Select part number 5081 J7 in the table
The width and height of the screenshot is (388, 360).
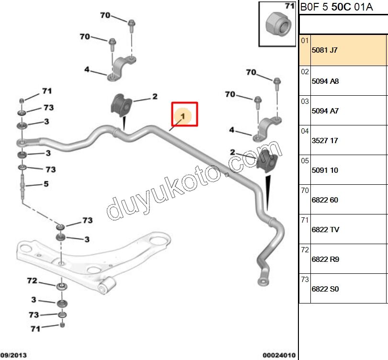click(x=324, y=50)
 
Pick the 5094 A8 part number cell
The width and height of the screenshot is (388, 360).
click(x=325, y=81)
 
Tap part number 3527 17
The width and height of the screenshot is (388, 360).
click(x=325, y=141)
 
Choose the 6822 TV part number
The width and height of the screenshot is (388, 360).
click(x=325, y=230)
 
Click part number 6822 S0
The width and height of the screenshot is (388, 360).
click(x=325, y=289)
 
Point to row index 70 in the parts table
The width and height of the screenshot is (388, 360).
click(x=305, y=190)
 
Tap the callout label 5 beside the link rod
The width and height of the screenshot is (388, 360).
click(x=46, y=183)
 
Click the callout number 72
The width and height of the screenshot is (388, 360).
click(x=32, y=281)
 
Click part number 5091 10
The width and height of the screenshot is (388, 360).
click(x=325, y=170)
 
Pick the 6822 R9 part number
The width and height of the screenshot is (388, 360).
click(x=325, y=259)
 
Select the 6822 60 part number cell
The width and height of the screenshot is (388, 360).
click(x=325, y=200)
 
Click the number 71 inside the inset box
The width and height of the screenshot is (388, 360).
click(x=288, y=6)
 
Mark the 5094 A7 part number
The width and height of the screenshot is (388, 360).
click(x=325, y=111)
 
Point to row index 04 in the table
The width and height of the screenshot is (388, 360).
click(x=305, y=130)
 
